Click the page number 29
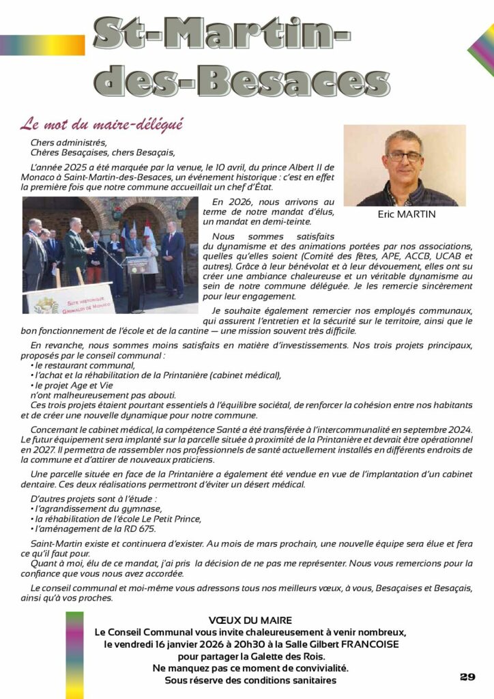pos(467,676)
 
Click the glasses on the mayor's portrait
pos(404,156)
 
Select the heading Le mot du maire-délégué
pos(102,124)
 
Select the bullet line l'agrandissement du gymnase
pos(98,509)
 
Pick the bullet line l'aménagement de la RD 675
pos(95,529)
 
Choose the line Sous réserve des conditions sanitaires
pos(250,680)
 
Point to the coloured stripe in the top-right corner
pos(481,48)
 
